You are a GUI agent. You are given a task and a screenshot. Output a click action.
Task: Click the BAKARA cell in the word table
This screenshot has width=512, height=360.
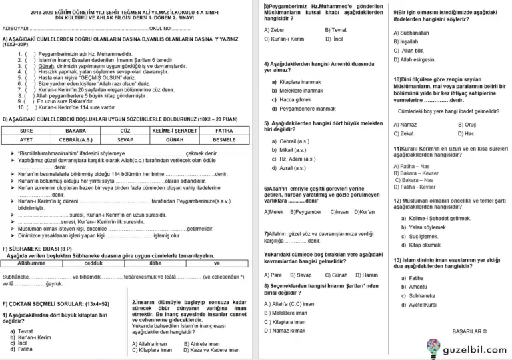75,130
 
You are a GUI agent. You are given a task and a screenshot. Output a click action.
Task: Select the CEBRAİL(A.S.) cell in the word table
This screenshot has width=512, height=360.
75,140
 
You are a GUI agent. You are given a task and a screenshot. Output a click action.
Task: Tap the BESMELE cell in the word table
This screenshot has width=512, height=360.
224,140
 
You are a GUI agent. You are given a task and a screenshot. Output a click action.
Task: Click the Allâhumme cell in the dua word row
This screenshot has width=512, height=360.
31,263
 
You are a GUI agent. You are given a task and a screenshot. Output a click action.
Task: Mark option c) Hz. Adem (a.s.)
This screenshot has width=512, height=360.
294,159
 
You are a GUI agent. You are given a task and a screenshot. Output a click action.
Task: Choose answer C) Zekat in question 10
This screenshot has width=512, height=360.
404,133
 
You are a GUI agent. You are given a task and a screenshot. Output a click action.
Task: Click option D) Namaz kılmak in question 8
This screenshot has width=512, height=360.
285,331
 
